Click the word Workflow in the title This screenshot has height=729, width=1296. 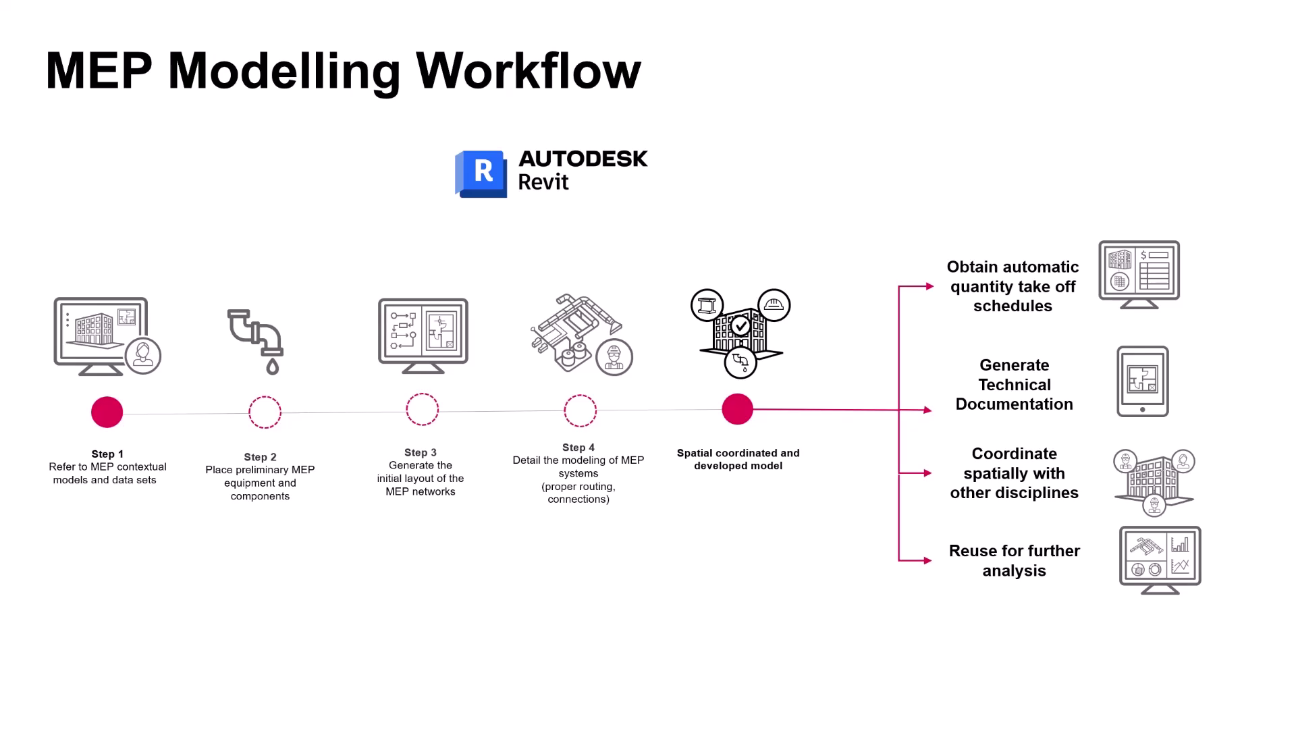[528, 71]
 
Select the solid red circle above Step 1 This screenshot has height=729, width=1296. [107, 412]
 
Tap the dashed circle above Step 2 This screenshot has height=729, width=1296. [265, 412]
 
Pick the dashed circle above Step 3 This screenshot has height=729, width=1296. [423, 410]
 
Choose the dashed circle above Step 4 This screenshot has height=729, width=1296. [580, 410]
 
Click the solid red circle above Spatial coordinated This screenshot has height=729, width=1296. [737, 409]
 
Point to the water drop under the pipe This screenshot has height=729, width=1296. [273, 367]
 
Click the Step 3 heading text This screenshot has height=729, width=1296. [421, 452]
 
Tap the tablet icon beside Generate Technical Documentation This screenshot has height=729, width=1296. [1142, 381]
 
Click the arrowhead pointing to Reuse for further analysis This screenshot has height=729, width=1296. [929, 560]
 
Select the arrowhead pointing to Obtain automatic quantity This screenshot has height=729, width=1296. [929, 287]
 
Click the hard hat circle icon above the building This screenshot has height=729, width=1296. [774, 305]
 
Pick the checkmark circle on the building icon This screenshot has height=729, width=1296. [741, 327]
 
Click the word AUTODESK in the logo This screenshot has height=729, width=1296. [583, 159]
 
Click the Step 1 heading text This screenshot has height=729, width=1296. [107, 454]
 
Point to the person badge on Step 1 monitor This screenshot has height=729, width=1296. [143, 355]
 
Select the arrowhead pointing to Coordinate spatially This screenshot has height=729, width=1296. [928, 473]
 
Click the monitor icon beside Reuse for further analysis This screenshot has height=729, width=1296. [1160, 560]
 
